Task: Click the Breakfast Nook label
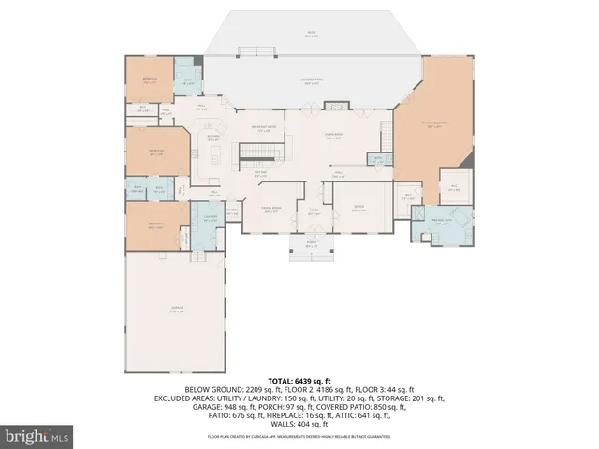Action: (x=261, y=129)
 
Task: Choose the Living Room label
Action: (x=334, y=137)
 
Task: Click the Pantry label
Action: (x=232, y=210)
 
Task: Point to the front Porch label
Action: (x=312, y=245)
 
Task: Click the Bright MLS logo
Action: (x=37, y=435)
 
